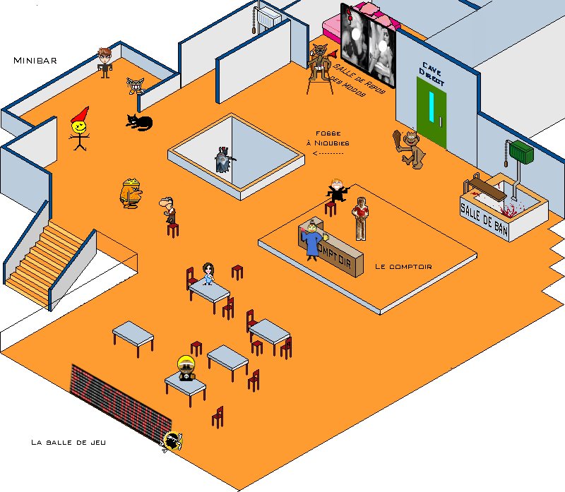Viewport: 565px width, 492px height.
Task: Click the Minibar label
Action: pyautogui.click(x=35, y=61)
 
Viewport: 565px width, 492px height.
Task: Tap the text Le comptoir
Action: pyautogui.click(x=403, y=266)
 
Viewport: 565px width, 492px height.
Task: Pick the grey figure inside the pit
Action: pyautogui.click(x=224, y=160)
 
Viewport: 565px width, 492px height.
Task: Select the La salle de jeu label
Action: pyautogui.click(x=68, y=443)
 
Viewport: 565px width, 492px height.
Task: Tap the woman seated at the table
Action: pyautogui.click(x=208, y=274)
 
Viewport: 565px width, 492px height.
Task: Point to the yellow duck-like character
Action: pyautogui.click(x=131, y=193)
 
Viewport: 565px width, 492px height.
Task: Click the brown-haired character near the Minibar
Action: pyautogui.click(x=105, y=61)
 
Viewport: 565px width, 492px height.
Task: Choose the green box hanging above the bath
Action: pyautogui.click(x=521, y=151)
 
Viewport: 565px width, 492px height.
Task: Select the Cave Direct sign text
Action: pyautogui.click(x=432, y=76)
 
